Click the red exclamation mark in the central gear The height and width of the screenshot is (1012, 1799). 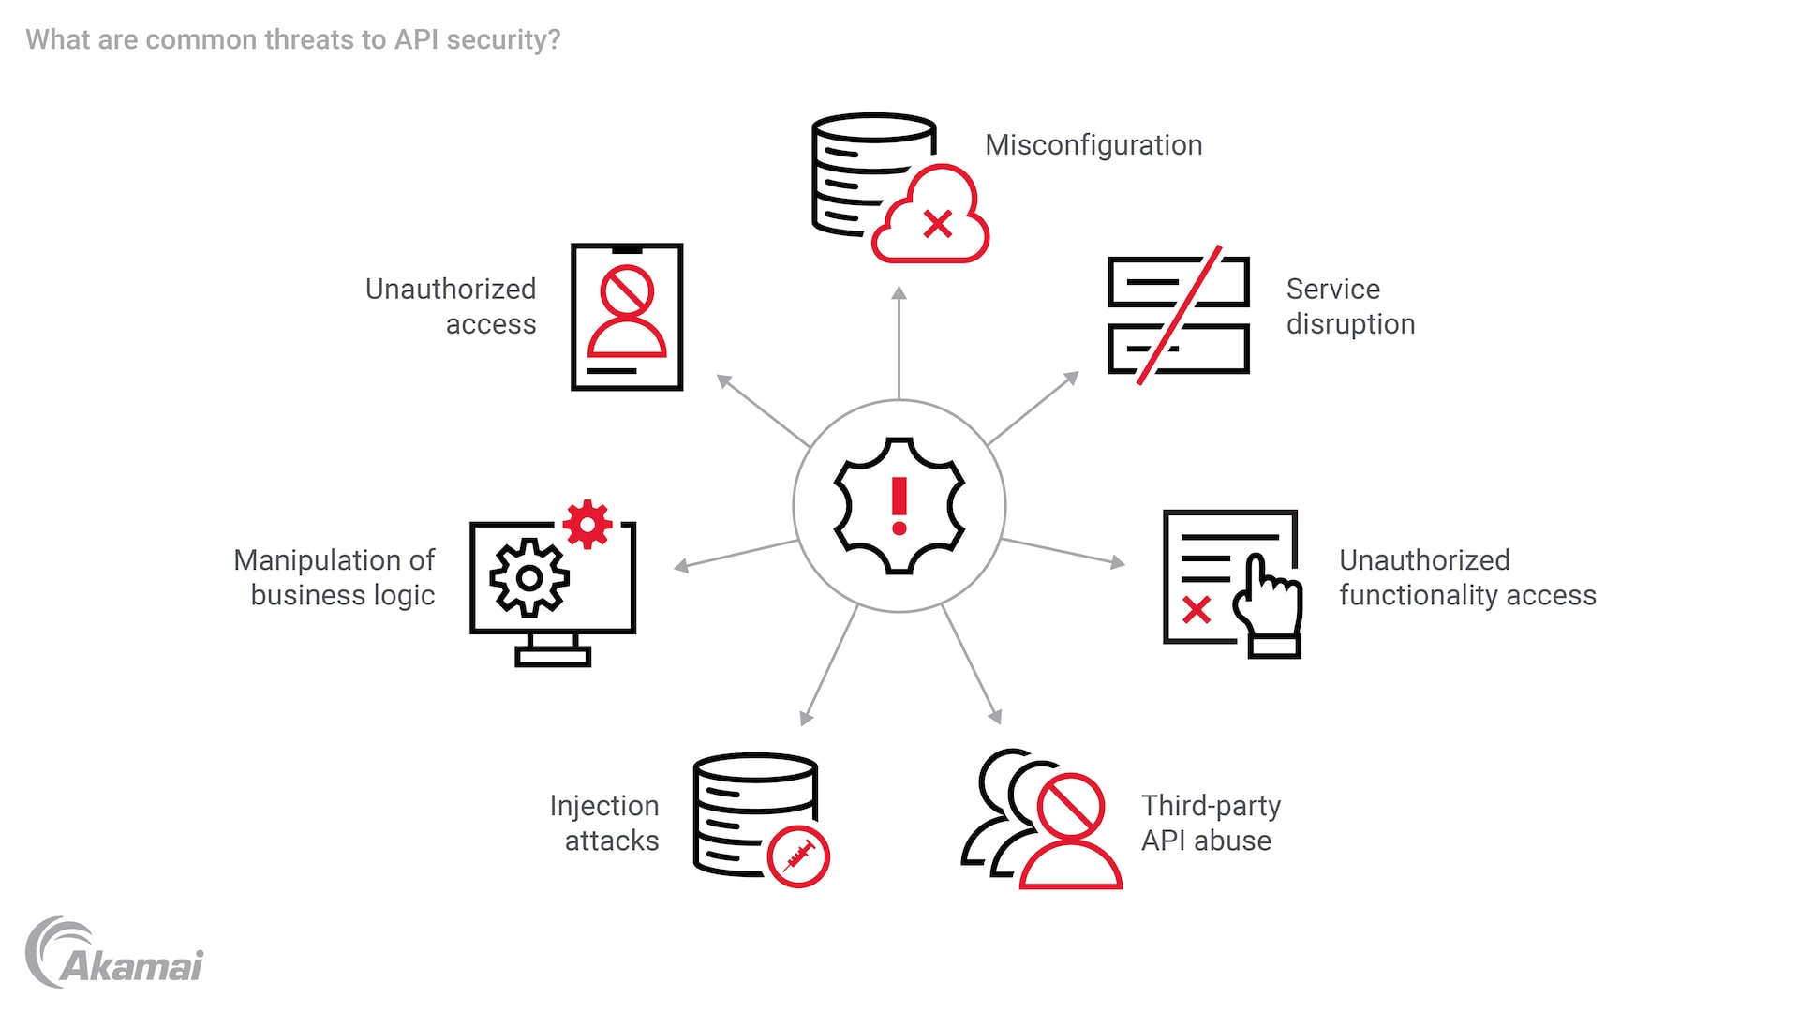coord(899,506)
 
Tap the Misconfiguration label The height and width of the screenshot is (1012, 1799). coord(1093,145)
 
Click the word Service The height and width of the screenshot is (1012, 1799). coord(1332,289)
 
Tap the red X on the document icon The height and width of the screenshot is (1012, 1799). coord(1197,610)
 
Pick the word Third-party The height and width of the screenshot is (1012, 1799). coord(1211,806)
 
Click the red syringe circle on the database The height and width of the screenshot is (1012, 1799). coord(798,856)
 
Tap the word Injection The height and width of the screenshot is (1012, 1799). coord(604,806)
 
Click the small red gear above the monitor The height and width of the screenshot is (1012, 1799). coord(587,524)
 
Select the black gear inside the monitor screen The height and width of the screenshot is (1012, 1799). coord(529,577)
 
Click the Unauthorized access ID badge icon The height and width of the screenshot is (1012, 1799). coord(627,317)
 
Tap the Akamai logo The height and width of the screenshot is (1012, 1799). coord(114,954)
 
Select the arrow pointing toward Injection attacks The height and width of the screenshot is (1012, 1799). coord(830,665)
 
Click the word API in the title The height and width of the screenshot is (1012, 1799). coord(416,39)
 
